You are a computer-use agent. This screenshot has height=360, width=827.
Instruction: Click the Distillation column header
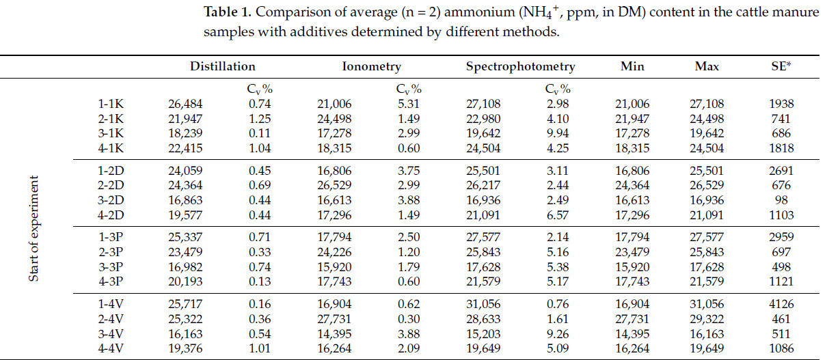[x=222, y=66]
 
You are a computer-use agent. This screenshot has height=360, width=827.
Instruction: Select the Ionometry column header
[x=371, y=66]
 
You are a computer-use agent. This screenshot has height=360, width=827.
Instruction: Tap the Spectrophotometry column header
[x=520, y=66]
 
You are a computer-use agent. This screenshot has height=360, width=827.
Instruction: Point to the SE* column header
[x=778, y=66]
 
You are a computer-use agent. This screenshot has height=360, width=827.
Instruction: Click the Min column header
[x=632, y=66]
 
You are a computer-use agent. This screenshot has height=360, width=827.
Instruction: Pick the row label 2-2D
[x=111, y=185]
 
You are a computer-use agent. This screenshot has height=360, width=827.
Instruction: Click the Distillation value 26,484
[x=185, y=104]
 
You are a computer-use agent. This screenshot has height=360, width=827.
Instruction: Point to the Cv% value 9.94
[x=558, y=133]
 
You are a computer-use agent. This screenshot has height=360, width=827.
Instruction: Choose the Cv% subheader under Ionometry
[x=408, y=89]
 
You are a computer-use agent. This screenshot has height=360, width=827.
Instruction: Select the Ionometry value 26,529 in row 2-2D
[x=334, y=185]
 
